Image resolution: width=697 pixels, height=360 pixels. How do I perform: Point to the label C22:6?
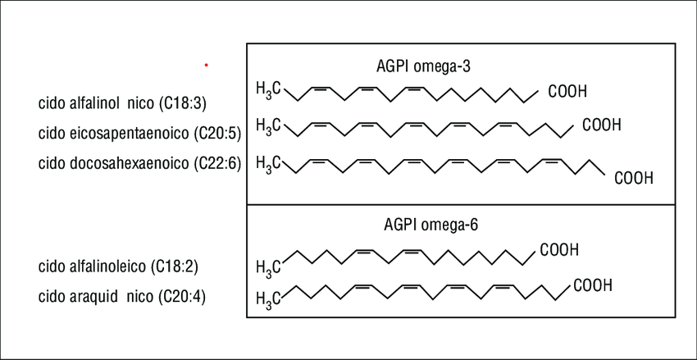point(216,162)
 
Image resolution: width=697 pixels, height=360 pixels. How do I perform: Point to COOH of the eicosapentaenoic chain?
point(602,125)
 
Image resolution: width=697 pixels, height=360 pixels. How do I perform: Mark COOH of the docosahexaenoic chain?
point(634,178)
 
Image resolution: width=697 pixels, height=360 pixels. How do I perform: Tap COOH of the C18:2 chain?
point(559,248)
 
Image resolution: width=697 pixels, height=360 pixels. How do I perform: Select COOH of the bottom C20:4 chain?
point(592,286)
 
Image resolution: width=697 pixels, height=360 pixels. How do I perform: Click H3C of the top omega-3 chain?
point(269,88)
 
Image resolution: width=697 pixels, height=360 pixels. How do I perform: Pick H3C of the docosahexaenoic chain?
point(269,162)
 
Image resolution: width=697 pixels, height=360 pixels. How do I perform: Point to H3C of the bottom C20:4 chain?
point(269,297)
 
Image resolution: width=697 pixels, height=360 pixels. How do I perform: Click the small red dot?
point(206,64)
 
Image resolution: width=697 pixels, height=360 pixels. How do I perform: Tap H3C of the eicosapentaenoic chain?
point(269,125)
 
